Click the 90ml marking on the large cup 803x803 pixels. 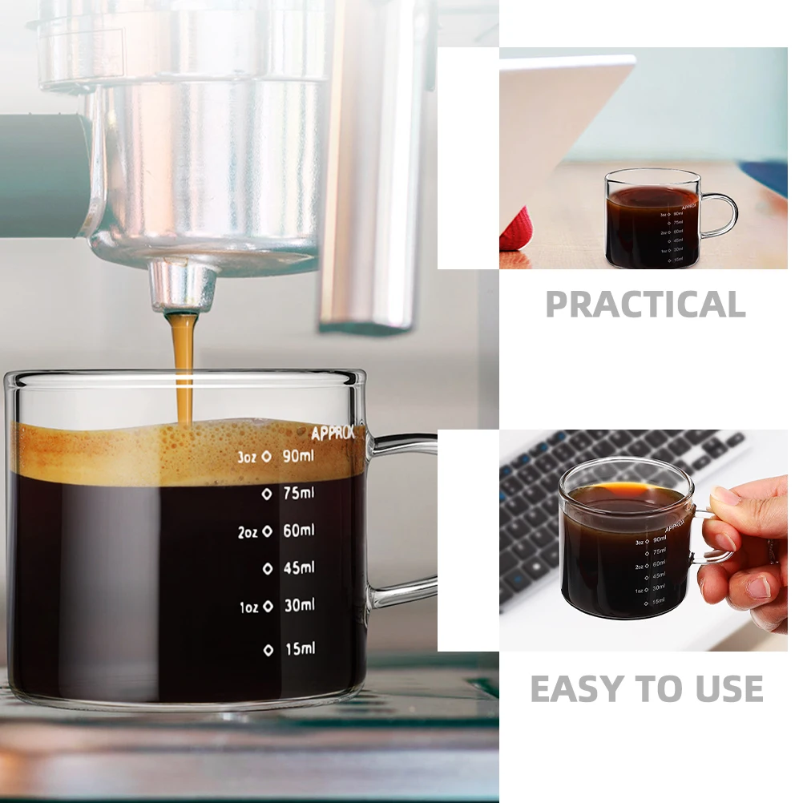tap(299, 457)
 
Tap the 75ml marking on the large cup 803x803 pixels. tap(299, 494)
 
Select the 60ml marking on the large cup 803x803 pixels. tap(299, 531)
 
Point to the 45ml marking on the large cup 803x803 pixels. tap(299, 568)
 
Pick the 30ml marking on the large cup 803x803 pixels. tap(299, 606)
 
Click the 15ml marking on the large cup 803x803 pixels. tap(300, 648)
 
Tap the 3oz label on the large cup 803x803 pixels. tap(247, 456)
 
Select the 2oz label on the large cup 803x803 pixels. tap(247, 531)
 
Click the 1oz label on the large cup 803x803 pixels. tap(248, 607)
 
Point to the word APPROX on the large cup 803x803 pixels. tap(333, 434)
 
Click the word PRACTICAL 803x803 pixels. tap(645, 305)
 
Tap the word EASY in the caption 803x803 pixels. tap(575, 689)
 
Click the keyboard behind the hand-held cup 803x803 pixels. tap(561, 481)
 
